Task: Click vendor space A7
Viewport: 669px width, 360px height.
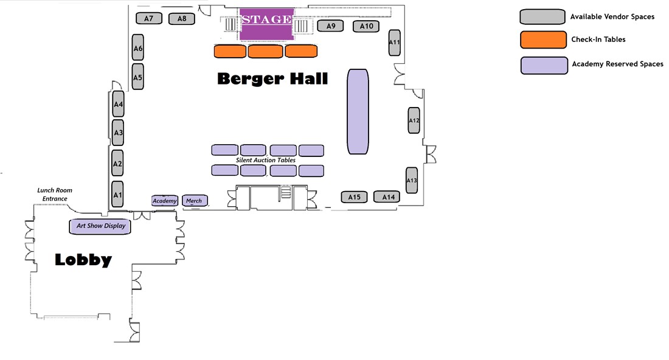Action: coord(149,18)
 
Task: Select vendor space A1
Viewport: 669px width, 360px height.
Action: coord(118,195)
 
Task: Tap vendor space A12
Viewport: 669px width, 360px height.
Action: coord(414,120)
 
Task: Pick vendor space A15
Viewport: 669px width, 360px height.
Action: coord(355,197)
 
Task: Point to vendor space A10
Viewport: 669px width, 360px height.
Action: coord(367,26)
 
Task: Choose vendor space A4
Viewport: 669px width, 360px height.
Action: coord(119,104)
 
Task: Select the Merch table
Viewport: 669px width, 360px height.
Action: coord(195,201)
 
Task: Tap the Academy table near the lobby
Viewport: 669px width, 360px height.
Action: coord(164,201)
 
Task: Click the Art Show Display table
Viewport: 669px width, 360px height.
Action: coord(101,226)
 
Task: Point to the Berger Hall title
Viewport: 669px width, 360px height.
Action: coord(272,78)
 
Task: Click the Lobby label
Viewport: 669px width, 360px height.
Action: coord(83,260)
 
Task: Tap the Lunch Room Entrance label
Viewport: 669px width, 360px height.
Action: coord(55,195)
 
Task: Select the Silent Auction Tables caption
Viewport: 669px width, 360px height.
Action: coord(266,161)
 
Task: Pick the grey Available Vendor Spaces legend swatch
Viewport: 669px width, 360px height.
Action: coord(542,17)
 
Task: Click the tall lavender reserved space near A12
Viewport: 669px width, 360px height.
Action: coord(358,112)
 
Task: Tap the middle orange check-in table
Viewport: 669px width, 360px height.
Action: coord(266,52)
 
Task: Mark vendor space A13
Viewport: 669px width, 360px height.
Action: coord(412,180)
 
